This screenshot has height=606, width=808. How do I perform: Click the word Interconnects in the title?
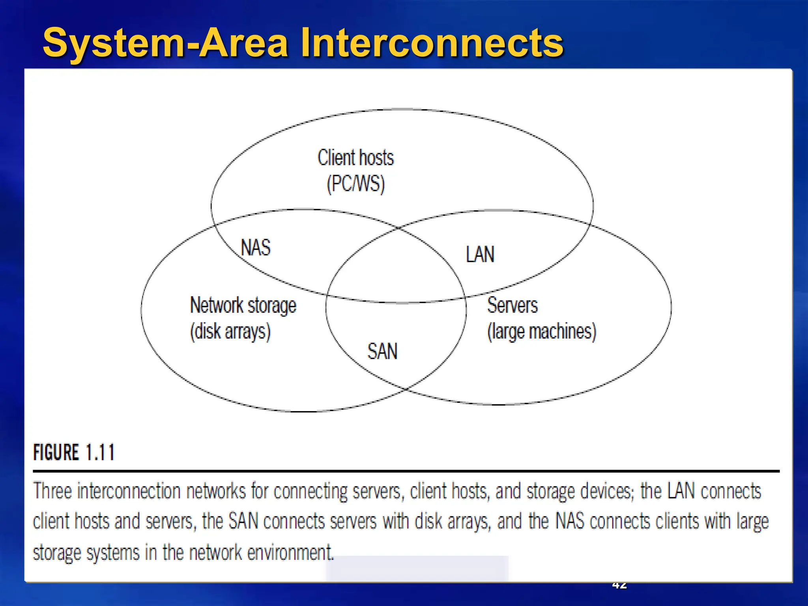[x=432, y=43]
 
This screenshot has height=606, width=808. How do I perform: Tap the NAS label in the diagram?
[x=256, y=248]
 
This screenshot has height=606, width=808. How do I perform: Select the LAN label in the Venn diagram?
[x=480, y=254]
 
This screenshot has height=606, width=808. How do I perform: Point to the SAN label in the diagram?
[x=382, y=351]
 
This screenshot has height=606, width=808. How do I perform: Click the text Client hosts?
[x=355, y=157]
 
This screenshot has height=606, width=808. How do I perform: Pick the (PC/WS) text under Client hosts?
[x=355, y=184]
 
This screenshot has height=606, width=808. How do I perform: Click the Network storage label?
[x=243, y=305]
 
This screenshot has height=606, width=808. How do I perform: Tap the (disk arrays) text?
[x=230, y=331]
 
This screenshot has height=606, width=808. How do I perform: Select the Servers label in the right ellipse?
[x=512, y=305]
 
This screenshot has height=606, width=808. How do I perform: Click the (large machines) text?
[x=541, y=331]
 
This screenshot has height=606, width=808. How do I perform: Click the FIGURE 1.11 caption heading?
[x=74, y=452]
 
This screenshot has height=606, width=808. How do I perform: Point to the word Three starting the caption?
[x=52, y=491]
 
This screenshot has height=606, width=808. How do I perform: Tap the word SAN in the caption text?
[x=243, y=521]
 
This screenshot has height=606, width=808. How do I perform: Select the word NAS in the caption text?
[x=570, y=521]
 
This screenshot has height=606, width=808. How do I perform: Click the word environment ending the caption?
[x=290, y=552]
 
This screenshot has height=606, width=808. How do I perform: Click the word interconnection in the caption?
[x=129, y=491]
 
